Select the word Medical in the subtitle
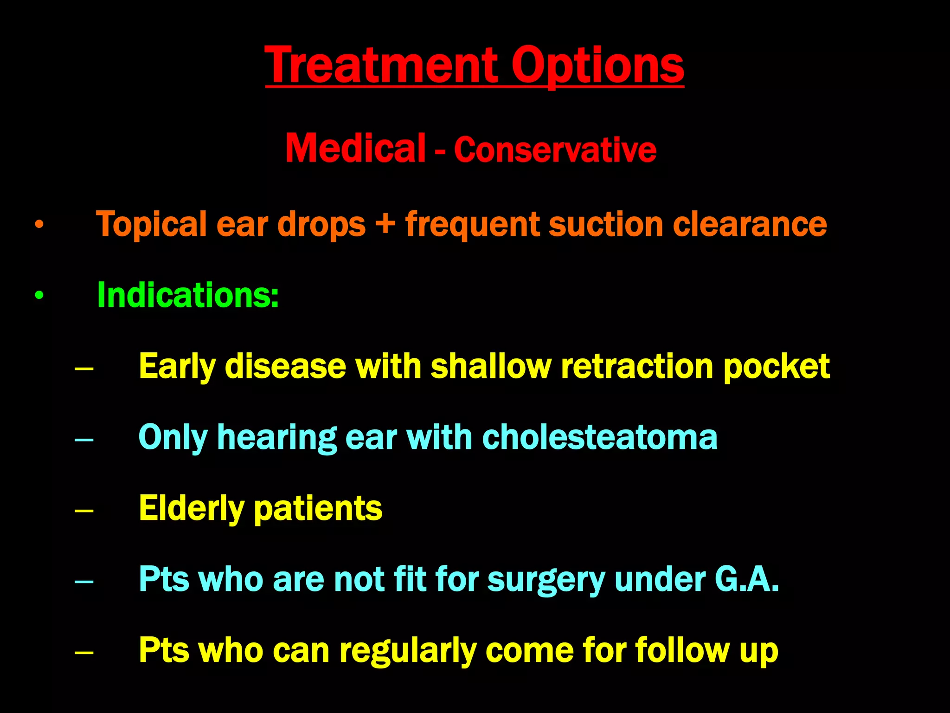coord(355,148)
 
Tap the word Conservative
coord(555,149)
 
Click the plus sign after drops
coord(385,224)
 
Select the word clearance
coord(750,224)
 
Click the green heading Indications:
coord(187,295)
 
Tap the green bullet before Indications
coord(39,295)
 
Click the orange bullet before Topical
coord(39,225)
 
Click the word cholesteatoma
coord(599,437)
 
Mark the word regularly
coord(408,651)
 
